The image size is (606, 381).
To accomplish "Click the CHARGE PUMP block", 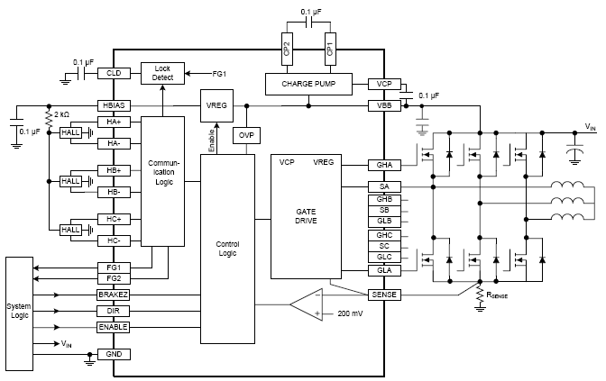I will pyautogui.click(x=310, y=84).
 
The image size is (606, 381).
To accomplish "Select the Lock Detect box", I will pyautogui.click(x=162, y=74).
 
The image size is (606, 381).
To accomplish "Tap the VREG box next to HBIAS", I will pyautogui.click(x=216, y=105).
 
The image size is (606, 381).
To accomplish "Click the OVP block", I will pyautogui.click(x=245, y=135).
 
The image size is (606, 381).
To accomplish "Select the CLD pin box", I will pyautogui.click(x=115, y=74).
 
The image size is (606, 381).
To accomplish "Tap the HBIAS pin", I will pyautogui.click(x=115, y=105).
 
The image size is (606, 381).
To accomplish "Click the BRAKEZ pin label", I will pyautogui.click(x=115, y=294).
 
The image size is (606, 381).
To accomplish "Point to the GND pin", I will pyautogui.click(x=115, y=355).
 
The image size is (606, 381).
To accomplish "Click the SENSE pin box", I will pyautogui.click(x=384, y=295).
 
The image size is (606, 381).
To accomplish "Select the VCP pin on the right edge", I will pyautogui.click(x=384, y=84).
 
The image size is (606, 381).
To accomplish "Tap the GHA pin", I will pyautogui.click(x=384, y=165).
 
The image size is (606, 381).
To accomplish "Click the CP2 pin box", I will pyautogui.click(x=286, y=49).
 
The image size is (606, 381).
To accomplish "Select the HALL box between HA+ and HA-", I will pyautogui.click(x=69, y=132).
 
